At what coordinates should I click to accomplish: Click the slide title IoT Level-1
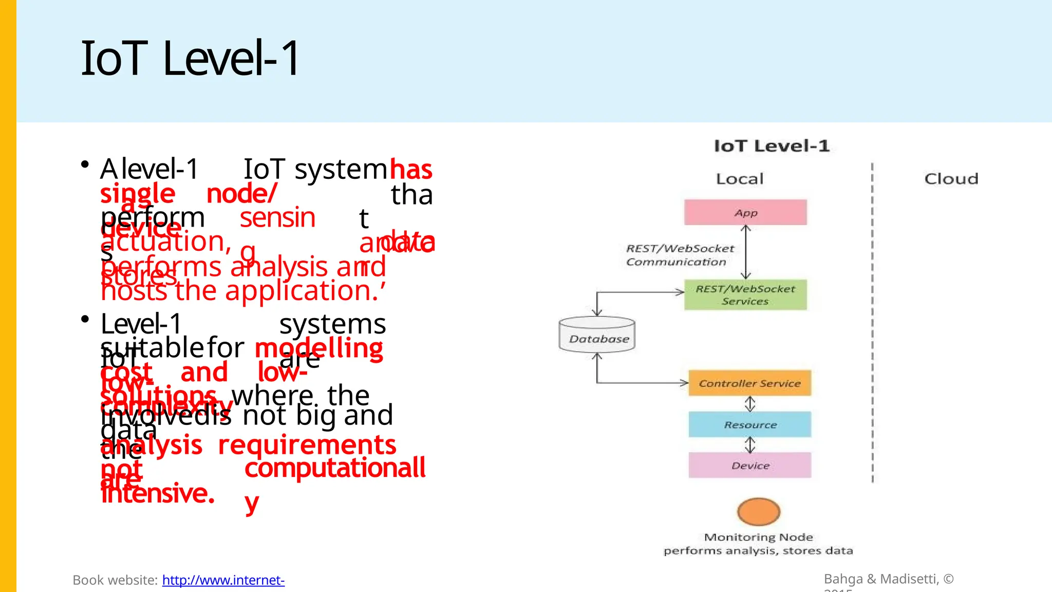pos(190,59)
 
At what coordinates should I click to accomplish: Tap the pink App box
pos(745,213)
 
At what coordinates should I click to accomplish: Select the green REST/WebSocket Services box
pos(745,295)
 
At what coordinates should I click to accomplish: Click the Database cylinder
pos(597,335)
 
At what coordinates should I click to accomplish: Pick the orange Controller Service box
pos(749,383)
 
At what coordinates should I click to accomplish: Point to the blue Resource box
pos(750,424)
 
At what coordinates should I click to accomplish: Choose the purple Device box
pos(750,466)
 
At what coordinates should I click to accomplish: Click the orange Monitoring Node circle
pos(759,511)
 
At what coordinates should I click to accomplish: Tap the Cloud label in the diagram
pos(951,179)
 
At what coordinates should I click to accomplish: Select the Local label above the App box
pos(740,179)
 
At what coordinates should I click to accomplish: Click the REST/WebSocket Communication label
pos(679,255)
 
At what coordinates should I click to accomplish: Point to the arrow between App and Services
pos(746,252)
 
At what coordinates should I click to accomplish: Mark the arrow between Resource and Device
pos(750,445)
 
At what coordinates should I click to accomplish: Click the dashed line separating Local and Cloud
pos(872,324)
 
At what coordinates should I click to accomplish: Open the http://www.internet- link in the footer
pos(223,580)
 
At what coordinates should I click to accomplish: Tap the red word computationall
pos(335,468)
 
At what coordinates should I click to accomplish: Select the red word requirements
pos(307,445)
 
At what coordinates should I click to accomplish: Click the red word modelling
pos(319,349)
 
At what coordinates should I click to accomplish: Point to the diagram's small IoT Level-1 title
pos(772,146)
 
